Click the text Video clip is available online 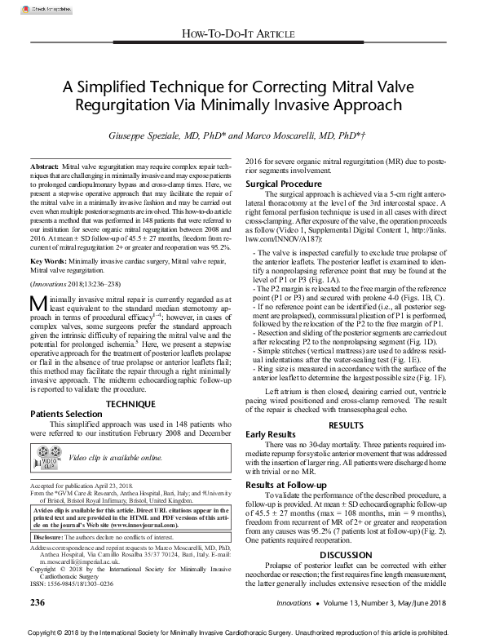coord(115,458)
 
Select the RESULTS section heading coord(346,424)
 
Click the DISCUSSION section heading coord(346,554)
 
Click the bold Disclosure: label coord(51,538)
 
